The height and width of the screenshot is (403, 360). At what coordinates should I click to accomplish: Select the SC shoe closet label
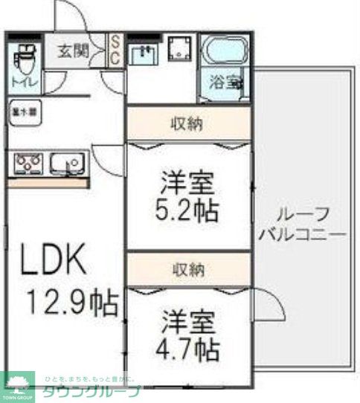[117, 51]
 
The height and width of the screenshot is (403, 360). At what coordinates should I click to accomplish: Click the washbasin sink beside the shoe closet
[144, 53]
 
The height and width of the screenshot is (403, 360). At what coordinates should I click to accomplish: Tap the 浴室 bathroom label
[224, 83]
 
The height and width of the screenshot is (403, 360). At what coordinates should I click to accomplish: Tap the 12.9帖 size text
[72, 303]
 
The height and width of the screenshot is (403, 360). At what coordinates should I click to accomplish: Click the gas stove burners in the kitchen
[28, 161]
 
